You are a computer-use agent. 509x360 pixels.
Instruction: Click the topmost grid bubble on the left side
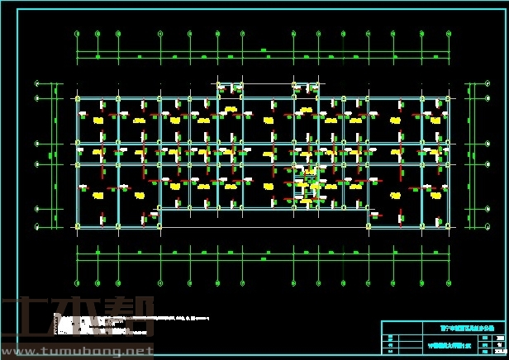(x=38, y=84)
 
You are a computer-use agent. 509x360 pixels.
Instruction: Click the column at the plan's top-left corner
(x=78, y=99)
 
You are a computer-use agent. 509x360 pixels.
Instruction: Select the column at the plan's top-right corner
(x=447, y=99)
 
